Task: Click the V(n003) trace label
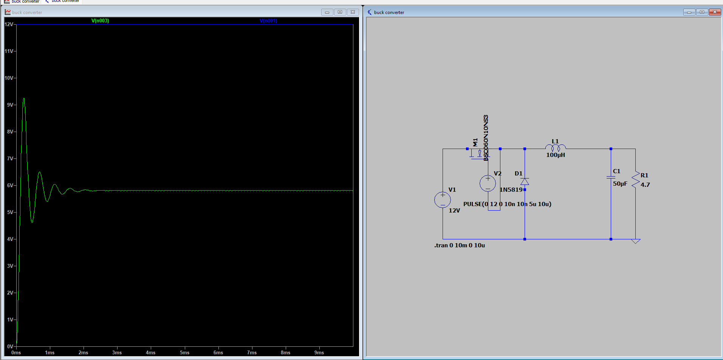[100, 21]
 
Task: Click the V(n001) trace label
[268, 21]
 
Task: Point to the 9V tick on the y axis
[10, 105]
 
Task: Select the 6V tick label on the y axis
[10, 185]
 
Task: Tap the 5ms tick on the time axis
[184, 352]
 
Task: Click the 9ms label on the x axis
[319, 352]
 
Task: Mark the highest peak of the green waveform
[24, 99]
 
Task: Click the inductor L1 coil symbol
[556, 147]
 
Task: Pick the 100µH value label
[556, 155]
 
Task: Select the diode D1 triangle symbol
[525, 182]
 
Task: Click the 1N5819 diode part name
[511, 190]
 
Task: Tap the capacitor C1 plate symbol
[611, 177]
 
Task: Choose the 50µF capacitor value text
[620, 184]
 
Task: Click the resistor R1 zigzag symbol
[635, 180]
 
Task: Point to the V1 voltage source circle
[443, 200]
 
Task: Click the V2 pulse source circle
[488, 183]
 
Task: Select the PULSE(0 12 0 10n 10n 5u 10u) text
[507, 204]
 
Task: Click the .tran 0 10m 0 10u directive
[460, 245]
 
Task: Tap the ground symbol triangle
[636, 241]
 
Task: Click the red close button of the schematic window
[715, 12]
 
